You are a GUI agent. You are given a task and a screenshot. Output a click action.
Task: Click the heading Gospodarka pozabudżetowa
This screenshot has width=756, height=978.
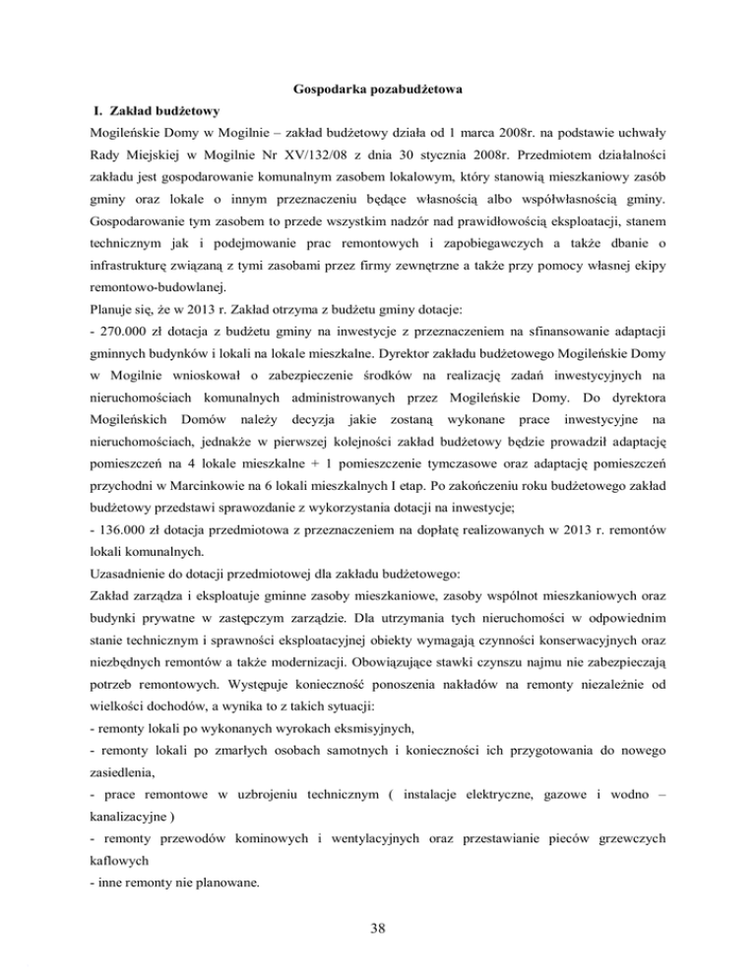point(378,91)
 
